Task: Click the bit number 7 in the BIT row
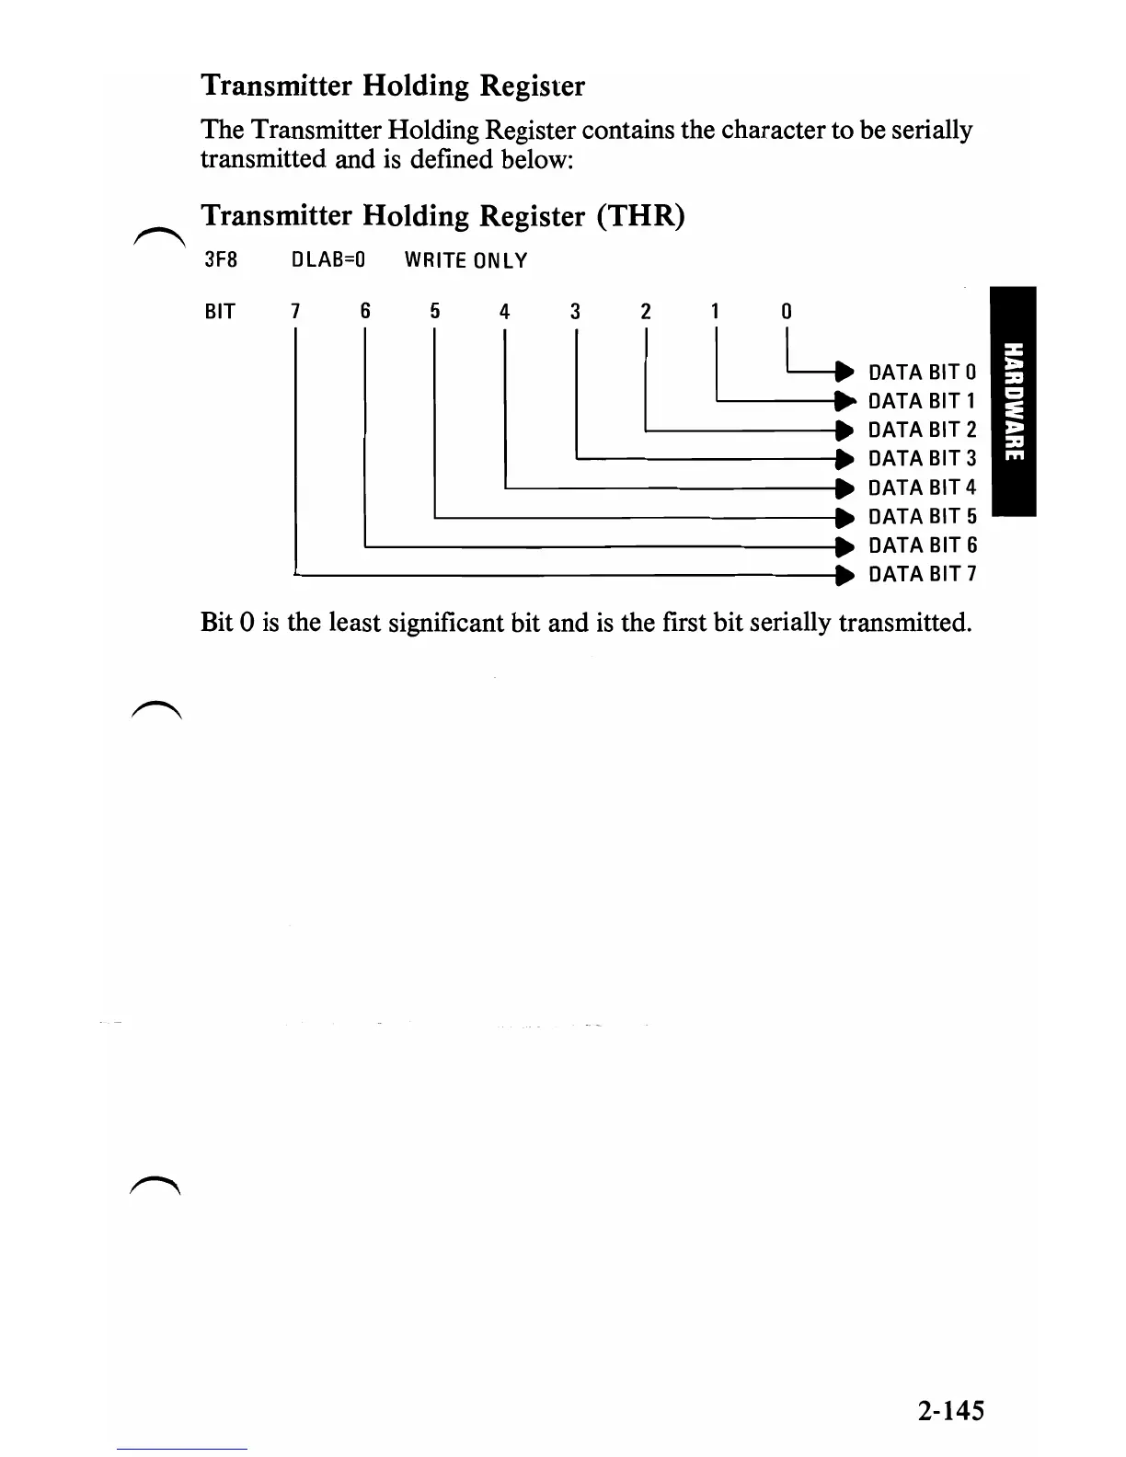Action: (x=295, y=312)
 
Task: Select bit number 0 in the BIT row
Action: (x=787, y=312)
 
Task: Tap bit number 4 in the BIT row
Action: (x=504, y=312)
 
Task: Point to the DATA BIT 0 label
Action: (x=922, y=373)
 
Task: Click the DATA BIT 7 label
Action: (x=922, y=575)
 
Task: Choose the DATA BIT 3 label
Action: (x=922, y=459)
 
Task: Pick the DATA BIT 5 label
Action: (x=922, y=517)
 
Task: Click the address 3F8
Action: (x=220, y=260)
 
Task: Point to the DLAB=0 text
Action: (x=328, y=260)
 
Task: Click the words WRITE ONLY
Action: (x=465, y=260)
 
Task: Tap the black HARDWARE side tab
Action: (x=1011, y=402)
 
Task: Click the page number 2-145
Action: (x=949, y=1410)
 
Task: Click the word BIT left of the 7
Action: (x=220, y=312)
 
